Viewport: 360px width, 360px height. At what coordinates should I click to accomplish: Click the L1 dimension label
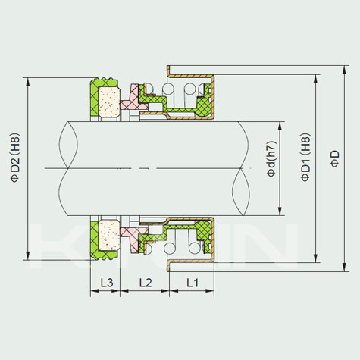pos(193,283)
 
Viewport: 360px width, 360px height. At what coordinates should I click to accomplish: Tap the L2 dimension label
pos(146,283)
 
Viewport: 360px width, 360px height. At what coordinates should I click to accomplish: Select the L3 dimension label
pos(107,283)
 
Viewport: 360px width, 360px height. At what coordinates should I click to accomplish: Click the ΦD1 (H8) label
pos(305,157)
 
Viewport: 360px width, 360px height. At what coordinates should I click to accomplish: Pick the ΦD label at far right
pos(335,158)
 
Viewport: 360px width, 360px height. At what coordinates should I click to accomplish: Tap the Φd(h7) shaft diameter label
pos(272,158)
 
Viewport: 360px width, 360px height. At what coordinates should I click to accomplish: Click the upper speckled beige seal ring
pos(109,102)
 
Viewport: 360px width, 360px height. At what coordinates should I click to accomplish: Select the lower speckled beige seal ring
pos(109,236)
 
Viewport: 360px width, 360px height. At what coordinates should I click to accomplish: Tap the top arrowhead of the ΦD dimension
pos(344,70)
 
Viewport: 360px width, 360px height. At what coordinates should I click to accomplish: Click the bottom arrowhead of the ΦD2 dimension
pos(28,255)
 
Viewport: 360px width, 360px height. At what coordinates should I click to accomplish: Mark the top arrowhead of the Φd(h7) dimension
pos(280,126)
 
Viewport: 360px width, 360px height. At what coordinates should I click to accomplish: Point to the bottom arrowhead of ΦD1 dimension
pos(315,258)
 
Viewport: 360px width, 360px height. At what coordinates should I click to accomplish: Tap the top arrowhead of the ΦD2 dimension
pos(28,82)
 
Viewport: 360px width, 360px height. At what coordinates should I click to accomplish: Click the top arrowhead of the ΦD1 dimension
pos(315,79)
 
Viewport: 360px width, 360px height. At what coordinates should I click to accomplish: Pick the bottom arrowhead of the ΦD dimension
pos(344,268)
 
